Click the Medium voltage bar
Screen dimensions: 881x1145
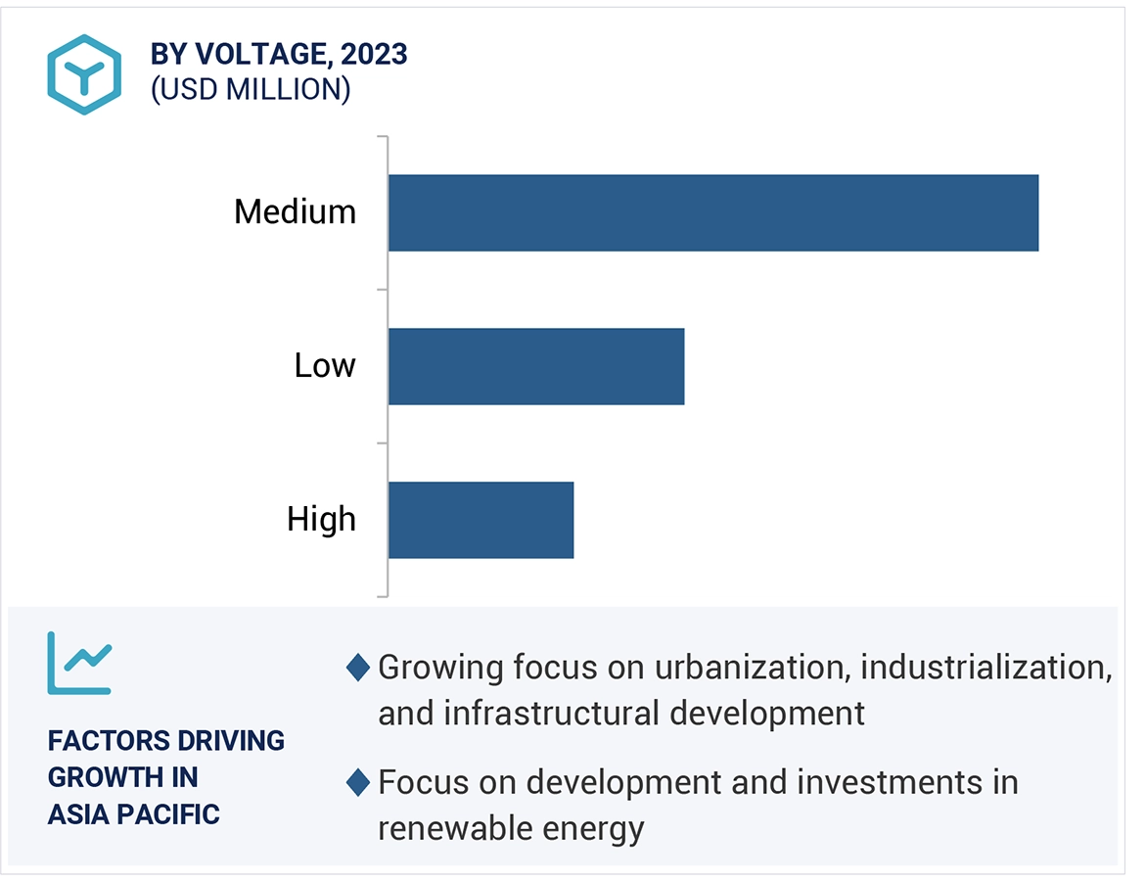712,212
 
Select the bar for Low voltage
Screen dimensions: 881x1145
535,366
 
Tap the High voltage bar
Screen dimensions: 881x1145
481,520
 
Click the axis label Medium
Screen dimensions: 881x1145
295,211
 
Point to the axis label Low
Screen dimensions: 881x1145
325,366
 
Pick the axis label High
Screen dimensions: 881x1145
321,519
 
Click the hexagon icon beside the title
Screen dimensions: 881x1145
84,73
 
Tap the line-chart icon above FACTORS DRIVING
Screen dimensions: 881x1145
79,663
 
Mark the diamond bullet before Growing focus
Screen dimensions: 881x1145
359,669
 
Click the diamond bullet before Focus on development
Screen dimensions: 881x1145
359,783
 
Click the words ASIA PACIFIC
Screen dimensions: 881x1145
133,813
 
